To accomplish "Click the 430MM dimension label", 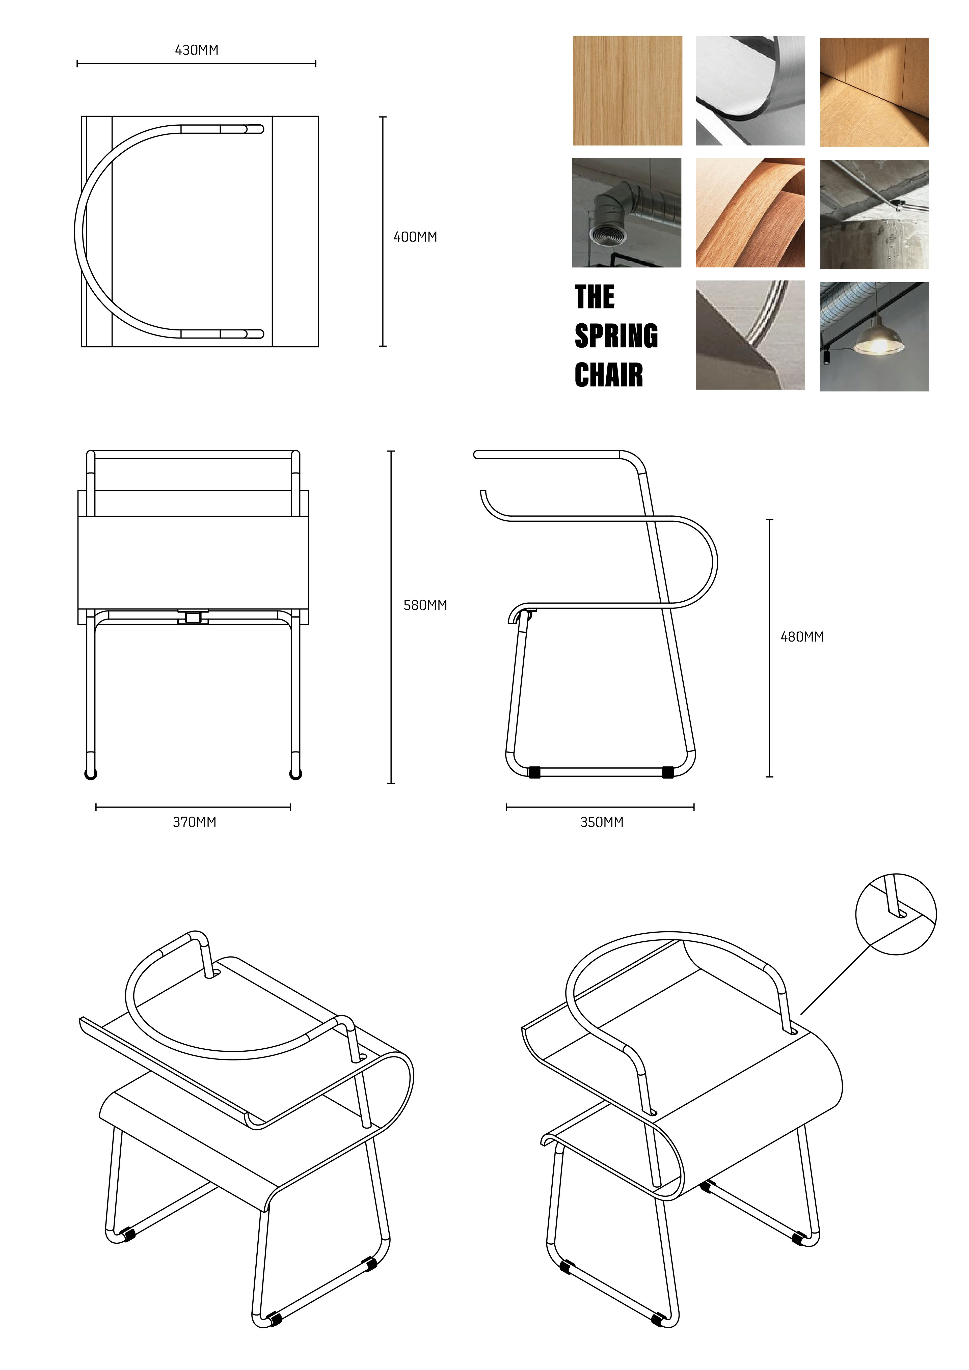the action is point(196,50).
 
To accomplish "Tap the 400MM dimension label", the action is point(415,237).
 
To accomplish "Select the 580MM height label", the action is point(425,605).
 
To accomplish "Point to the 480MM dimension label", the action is point(802,637).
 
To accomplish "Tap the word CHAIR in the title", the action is point(609,375).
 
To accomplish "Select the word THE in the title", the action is point(595,297).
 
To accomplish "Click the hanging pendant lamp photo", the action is point(874,337).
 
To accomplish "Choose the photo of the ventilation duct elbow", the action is point(626,212).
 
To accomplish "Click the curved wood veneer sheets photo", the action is point(750,212).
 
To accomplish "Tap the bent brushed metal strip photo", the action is point(750,91).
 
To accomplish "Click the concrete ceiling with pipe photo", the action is point(874,214).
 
